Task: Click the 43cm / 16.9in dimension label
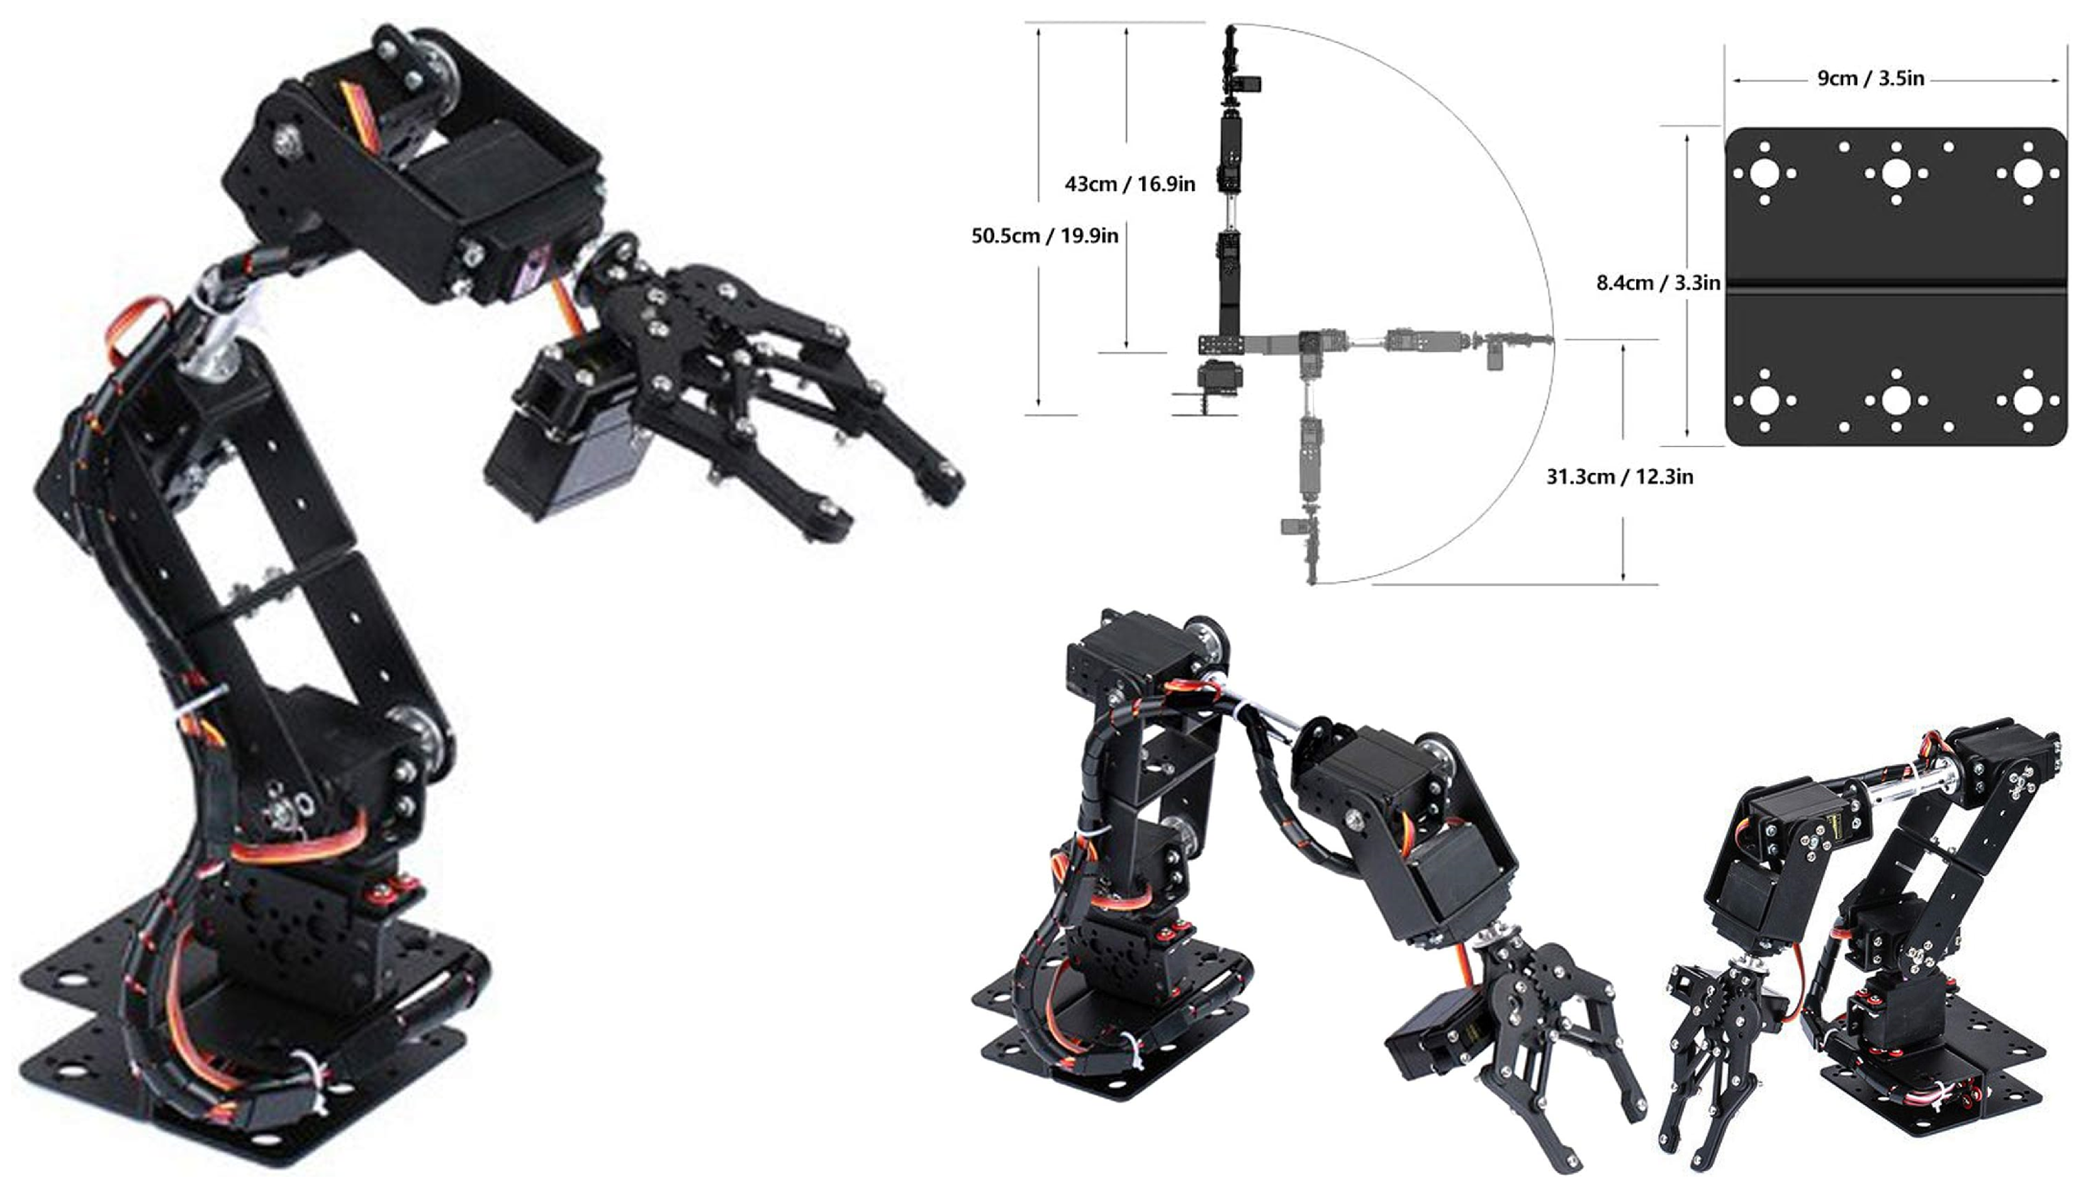click(1130, 184)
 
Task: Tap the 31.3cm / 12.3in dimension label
click(1619, 477)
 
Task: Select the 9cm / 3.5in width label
click(1870, 79)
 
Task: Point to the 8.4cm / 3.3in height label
click(1657, 283)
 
